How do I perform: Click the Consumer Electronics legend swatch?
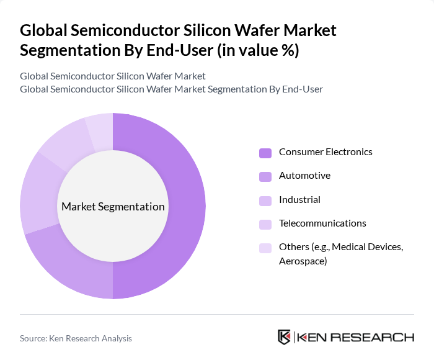(x=265, y=153)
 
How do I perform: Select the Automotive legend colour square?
(x=265, y=176)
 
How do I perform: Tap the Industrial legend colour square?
(x=265, y=200)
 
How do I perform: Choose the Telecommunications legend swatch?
(x=265, y=224)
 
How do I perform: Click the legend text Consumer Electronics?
(x=325, y=152)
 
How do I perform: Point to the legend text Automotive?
(x=304, y=176)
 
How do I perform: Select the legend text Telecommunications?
(x=322, y=223)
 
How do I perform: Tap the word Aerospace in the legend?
(x=303, y=261)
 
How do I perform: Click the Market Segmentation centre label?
(x=113, y=207)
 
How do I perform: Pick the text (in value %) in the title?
(x=257, y=50)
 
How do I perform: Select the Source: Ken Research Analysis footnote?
(x=76, y=338)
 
